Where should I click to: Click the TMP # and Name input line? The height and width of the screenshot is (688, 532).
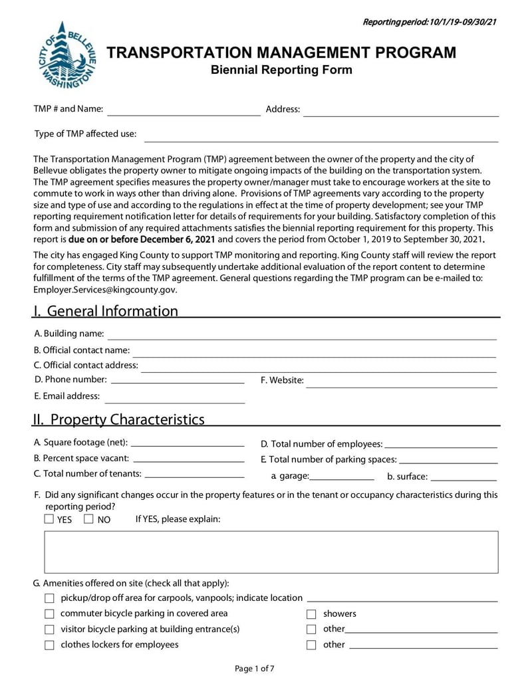184,110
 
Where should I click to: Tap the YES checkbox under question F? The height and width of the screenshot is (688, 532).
49,519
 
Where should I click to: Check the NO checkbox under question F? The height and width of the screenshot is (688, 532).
89,519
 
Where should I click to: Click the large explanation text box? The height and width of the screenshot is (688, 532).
271,552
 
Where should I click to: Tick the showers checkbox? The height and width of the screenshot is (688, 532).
311,614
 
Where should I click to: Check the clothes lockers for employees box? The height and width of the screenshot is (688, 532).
49,645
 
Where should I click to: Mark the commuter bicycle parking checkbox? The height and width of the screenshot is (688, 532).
49,614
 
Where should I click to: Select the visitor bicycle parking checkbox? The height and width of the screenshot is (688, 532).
49,630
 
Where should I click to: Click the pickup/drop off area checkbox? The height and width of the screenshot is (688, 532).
49,598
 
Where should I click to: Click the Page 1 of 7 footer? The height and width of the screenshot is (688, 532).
255,669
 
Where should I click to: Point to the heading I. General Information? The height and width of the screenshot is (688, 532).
106,311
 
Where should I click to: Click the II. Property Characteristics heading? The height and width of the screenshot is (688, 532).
120,419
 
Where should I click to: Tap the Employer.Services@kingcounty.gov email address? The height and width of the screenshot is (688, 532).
105,290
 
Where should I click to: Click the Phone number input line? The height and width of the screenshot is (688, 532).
177,381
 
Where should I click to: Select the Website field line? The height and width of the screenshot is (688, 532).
401,382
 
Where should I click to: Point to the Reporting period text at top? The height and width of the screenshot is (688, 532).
430,23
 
